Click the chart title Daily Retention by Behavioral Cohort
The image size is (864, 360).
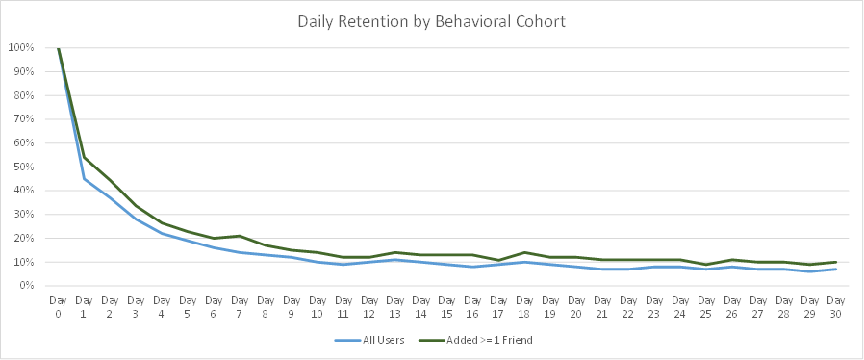431,21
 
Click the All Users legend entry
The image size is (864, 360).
369,340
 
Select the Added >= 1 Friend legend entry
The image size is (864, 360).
475,340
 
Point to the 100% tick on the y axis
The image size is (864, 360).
21,48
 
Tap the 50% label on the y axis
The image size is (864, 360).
24,167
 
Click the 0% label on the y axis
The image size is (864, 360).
27,286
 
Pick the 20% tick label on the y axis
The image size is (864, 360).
24,238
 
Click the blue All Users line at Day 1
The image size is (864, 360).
84,179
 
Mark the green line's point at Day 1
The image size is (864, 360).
84,158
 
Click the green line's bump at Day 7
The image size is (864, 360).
240,236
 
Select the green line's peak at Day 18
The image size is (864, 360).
524,252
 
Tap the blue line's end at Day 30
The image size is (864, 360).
836,269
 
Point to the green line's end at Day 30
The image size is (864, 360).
836,262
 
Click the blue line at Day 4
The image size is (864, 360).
162,233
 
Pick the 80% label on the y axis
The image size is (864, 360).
24,95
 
